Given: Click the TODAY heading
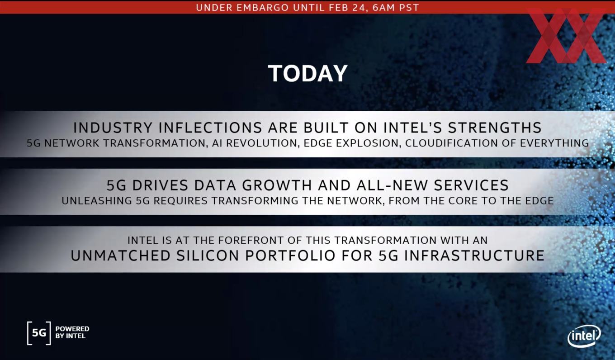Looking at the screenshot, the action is [x=308, y=73].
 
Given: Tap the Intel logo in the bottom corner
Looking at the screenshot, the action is [x=584, y=336].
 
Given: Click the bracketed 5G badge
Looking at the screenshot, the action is [x=39, y=333].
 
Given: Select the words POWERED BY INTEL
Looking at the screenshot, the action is [x=72, y=332].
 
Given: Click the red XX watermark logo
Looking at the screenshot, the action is [x=566, y=36].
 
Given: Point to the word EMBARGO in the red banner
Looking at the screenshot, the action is [x=262, y=7].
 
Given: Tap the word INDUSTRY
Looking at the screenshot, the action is [x=113, y=128].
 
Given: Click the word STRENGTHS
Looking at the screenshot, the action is [x=495, y=128].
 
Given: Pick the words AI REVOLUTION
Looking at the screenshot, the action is [x=255, y=143].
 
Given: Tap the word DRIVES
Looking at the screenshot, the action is [x=160, y=185].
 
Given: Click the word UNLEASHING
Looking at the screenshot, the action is [x=97, y=201].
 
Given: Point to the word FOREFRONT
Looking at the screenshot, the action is [x=251, y=240].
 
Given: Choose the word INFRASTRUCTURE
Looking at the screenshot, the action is [x=474, y=256].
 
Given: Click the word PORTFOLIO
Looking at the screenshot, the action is [x=290, y=256].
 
